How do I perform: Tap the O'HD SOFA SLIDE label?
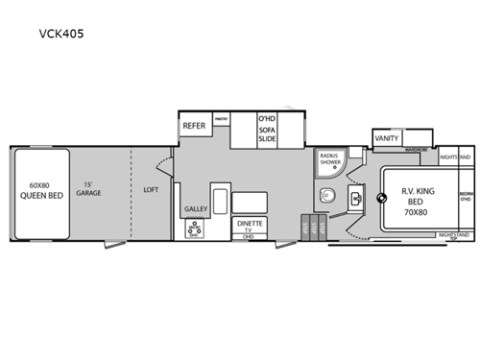[267, 129]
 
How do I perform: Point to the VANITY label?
[387, 139]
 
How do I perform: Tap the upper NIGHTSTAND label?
[454, 156]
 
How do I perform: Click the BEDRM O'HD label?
[466, 196]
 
